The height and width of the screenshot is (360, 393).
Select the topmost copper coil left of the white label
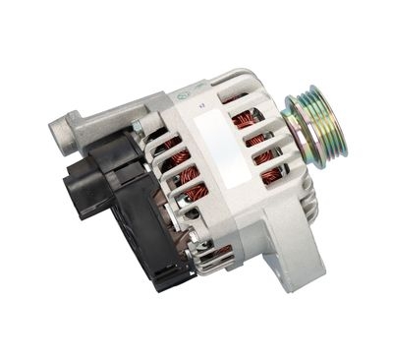[x=175, y=145]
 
